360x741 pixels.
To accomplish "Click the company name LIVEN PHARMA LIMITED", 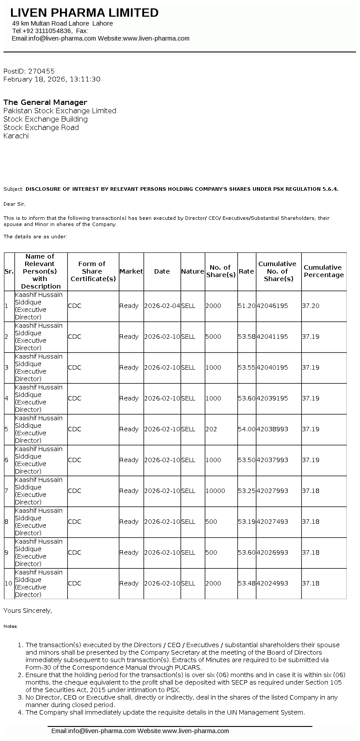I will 84,13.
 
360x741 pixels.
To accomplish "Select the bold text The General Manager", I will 45,102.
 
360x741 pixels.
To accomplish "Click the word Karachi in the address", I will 16,136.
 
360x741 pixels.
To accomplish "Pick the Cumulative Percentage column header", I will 323,271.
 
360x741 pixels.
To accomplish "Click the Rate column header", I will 246,271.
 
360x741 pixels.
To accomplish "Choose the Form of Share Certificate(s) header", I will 93,271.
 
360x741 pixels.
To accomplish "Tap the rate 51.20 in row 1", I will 246,306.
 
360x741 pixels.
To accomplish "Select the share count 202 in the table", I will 211,429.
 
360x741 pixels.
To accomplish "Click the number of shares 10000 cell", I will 215,491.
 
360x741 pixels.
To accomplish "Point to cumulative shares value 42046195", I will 272,306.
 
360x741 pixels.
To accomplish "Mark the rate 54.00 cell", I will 246,429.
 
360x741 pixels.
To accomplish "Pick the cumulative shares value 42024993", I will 272,583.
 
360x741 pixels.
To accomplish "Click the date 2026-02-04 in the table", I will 162,306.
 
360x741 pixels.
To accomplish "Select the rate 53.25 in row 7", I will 246,491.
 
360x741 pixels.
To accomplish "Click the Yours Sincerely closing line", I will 28,611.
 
